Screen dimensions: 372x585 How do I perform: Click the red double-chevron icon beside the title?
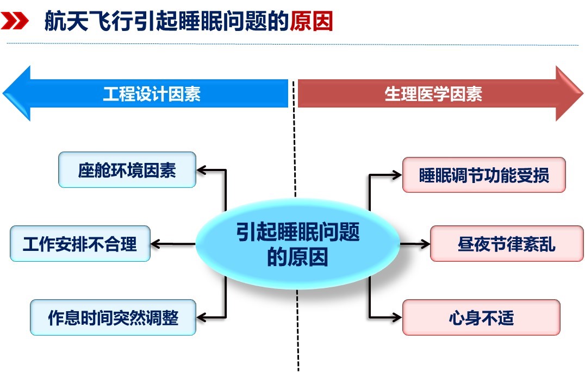15,22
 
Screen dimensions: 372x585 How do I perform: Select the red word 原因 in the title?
311,22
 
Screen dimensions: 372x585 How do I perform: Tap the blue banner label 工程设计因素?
152,94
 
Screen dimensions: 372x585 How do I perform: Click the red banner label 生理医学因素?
433,94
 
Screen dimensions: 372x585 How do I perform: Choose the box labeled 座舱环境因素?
127,170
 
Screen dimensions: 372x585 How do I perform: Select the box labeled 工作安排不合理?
80,243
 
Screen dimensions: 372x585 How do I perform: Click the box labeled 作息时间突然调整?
113,317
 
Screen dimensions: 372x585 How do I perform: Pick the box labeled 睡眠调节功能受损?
484,175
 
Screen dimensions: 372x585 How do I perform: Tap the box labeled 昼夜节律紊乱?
506,243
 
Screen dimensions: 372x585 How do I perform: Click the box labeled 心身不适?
481,317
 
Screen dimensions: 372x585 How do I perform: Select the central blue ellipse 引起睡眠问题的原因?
297,244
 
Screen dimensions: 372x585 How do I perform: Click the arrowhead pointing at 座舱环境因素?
202,170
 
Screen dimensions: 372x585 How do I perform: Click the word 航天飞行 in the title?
80,22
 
